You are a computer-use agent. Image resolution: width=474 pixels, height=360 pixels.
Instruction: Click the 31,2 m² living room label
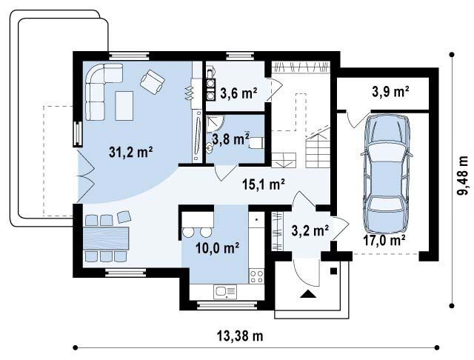click(x=130, y=152)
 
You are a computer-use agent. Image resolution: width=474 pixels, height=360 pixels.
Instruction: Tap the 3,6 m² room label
click(x=238, y=93)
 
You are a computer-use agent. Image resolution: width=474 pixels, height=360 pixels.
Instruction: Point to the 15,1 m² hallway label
click(x=264, y=184)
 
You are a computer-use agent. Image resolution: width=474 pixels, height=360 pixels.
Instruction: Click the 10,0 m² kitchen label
click(x=217, y=248)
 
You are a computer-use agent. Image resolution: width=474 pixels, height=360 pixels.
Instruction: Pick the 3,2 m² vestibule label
click(x=310, y=230)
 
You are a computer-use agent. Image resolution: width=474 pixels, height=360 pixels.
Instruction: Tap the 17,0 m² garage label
click(x=384, y=240)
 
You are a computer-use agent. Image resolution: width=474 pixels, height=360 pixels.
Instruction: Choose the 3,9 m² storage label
click(x=390, y=91)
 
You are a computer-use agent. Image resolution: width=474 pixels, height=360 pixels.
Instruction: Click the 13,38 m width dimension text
click(x=240, y=336)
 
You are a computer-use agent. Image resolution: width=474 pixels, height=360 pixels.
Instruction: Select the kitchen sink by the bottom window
click(x=225, y=292)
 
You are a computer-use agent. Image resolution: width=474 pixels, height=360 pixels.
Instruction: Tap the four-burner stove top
click(x=256, y=276)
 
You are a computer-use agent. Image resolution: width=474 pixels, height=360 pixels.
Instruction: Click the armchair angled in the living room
click(x=153, y=81)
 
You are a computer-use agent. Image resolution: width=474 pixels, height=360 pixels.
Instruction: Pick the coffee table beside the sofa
click(x=124, y=106)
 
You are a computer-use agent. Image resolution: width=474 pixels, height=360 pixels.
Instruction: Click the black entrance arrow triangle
click(x=308, y=294)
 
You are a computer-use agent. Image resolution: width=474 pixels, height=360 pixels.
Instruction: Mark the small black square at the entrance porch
click(x=333, y=271)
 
